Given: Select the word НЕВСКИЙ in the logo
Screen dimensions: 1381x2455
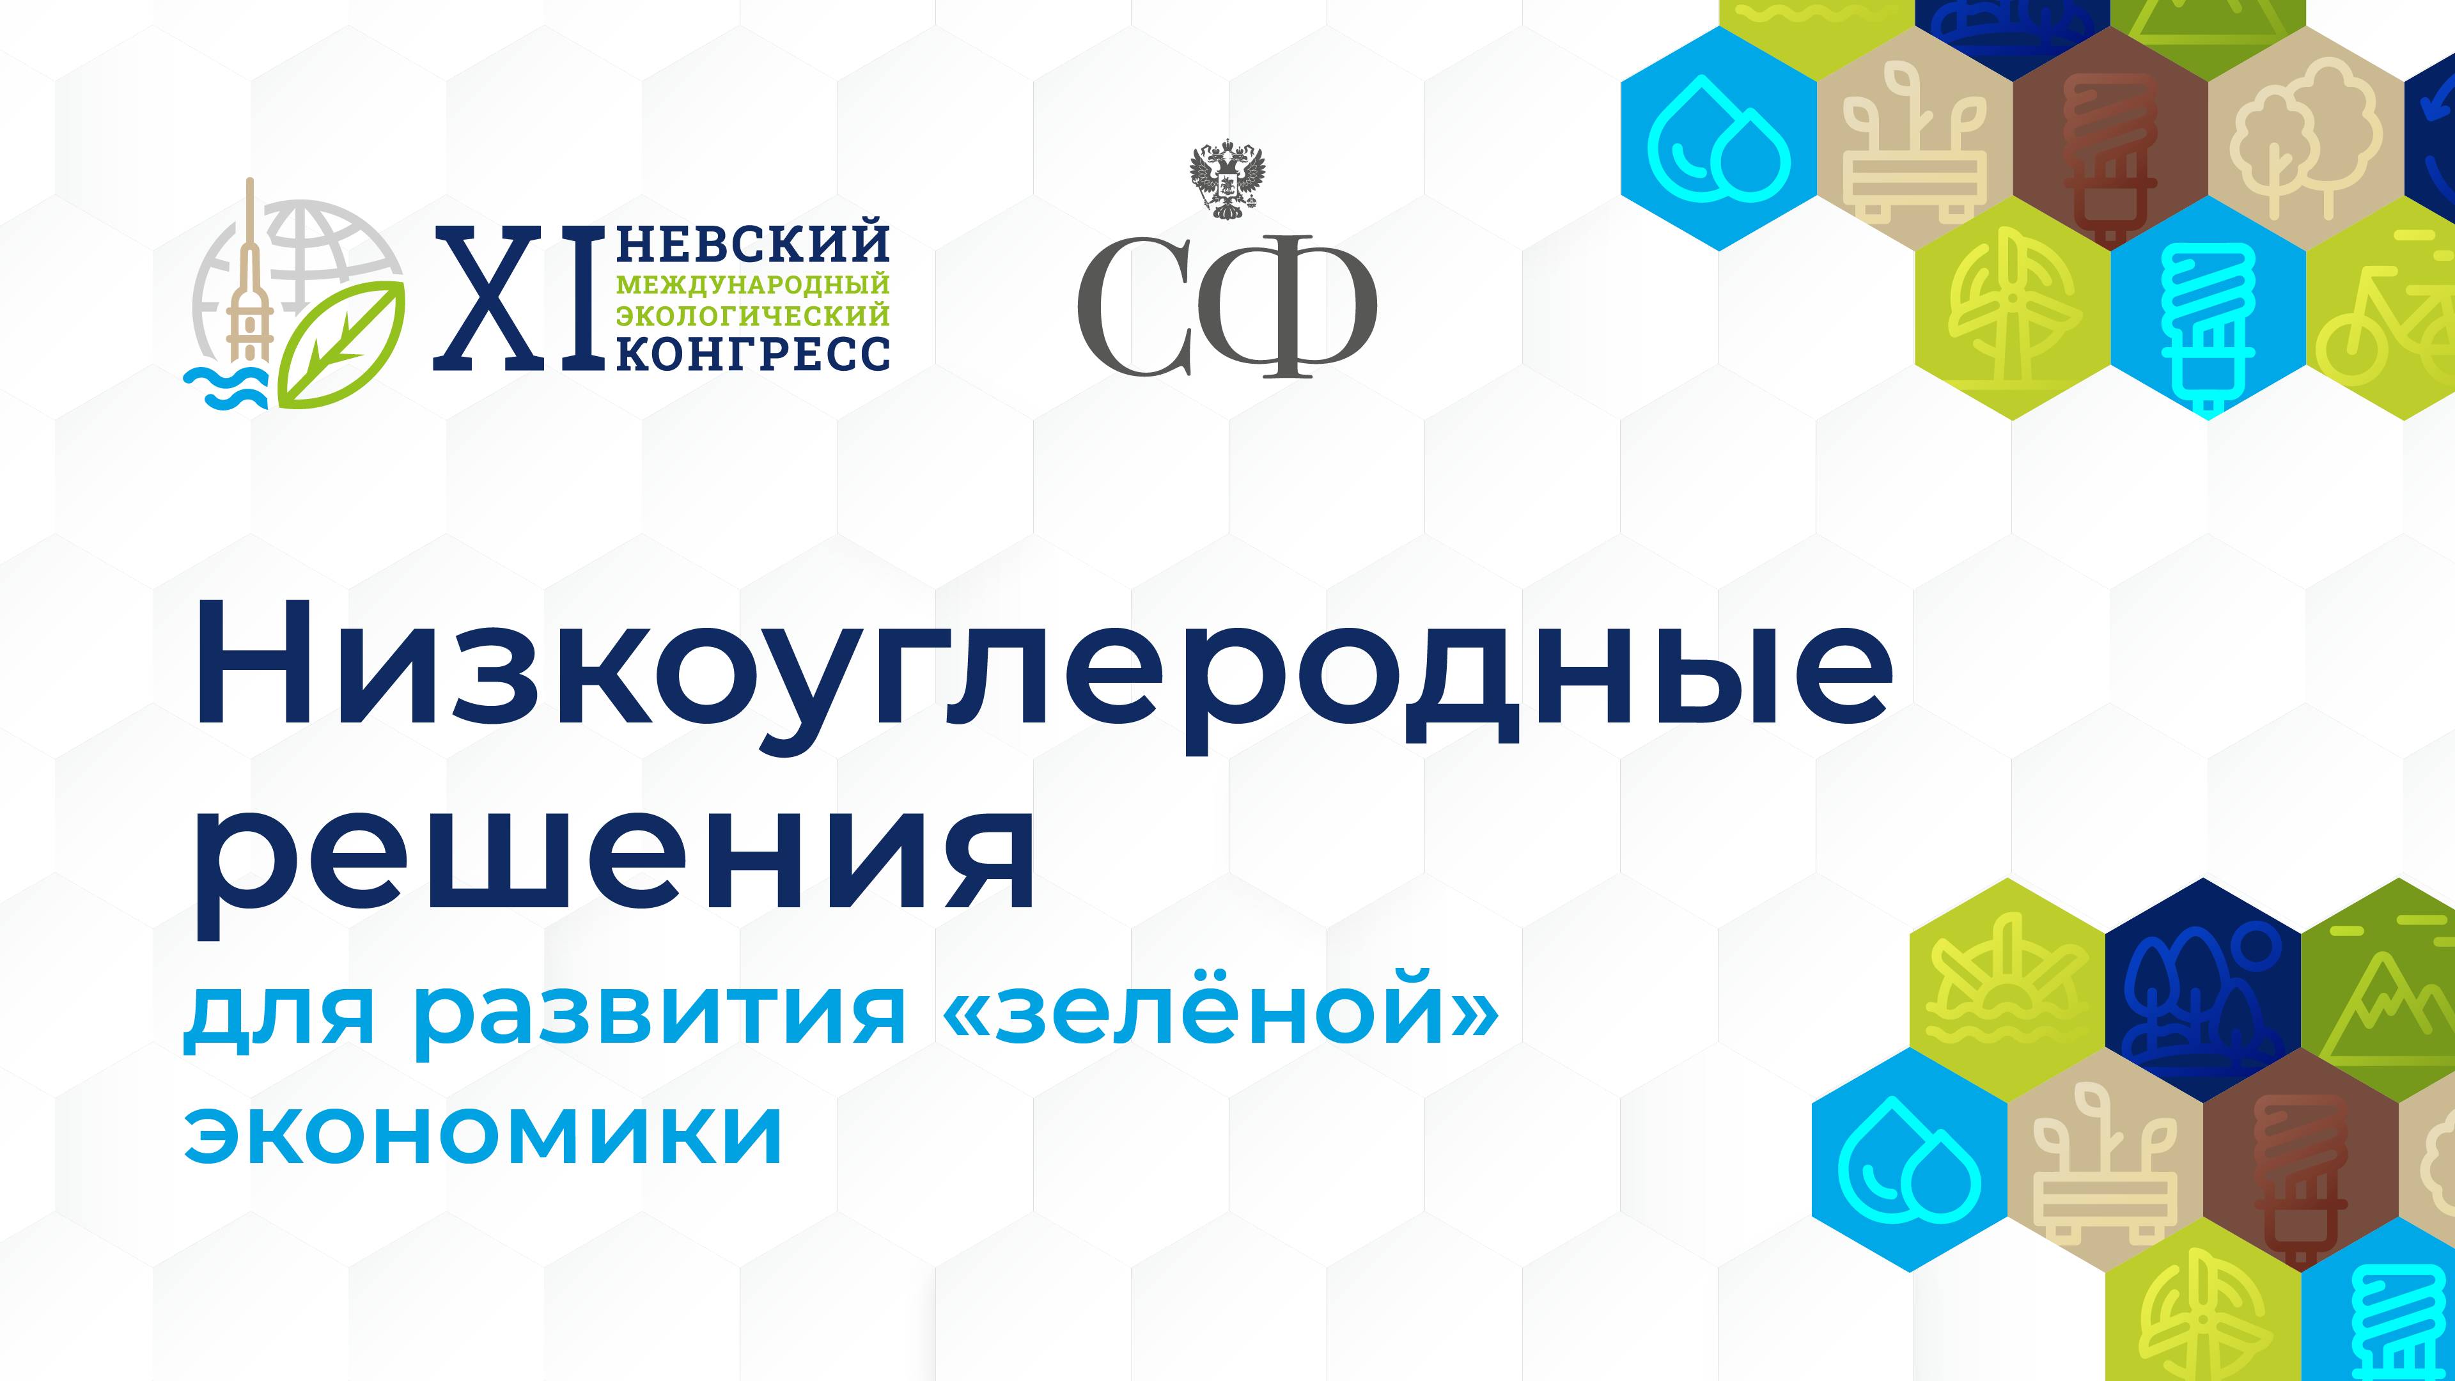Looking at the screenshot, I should [x=754, y=245].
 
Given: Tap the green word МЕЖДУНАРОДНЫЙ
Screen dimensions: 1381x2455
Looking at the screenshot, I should [x=754, y=284].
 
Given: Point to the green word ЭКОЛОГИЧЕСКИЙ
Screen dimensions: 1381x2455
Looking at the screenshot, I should [x=754, y=315].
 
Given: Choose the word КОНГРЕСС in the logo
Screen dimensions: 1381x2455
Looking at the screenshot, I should [x=754, y=354].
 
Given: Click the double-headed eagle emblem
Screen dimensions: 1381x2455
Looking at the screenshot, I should [x=1227, y=181].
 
